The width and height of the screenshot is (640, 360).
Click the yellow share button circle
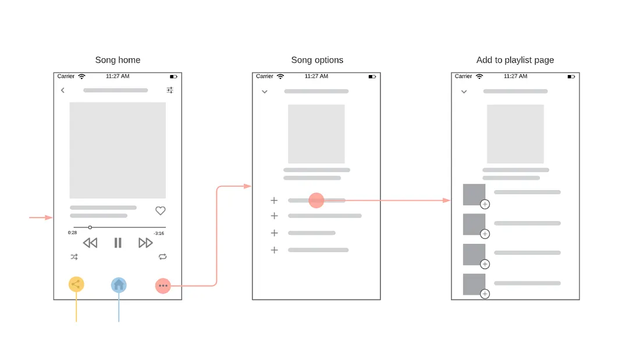pyautogui.click(x=76, y=284)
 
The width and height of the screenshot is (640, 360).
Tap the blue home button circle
pyautogui.click(x=119, y=285)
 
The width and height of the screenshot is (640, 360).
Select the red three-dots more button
pyautogui.click(x=163, y=286)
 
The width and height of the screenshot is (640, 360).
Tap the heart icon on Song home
pyautogui.click(x=161, y=211)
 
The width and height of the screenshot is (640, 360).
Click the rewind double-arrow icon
pyautogui.click(x=90, y=243)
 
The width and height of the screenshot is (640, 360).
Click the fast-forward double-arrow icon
pyautogui.click(x=145, y=243)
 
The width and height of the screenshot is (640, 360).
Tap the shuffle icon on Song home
pyautogui.click(x=74, y=256)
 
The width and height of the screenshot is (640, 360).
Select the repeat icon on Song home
pyautogui.click(x=162, y=256)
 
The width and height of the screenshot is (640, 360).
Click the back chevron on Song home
pyautogui.click(x=63, y=90)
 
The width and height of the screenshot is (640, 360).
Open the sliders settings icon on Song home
pyautogui.click(x=170, y=90)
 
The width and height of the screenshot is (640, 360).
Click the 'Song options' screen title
pyautogui.click(x=317, y=60)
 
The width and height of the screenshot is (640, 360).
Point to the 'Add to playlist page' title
pyautogui.click(x=515, y=60)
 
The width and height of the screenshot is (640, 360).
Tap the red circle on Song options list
pyautogui.click(x=316, y=200)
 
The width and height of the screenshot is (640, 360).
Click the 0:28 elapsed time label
pyautogui.click(x=72, y=233)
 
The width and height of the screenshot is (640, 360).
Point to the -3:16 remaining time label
pyautogui.click(x=159, y=233)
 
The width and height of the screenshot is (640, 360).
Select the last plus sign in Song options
pyautogui.click(x=274, y=250)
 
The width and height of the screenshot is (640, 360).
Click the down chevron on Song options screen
pyautogui.click(x=265, y=92)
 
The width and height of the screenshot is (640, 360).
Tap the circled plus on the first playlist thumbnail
pyautogui.click(x=485, y=204)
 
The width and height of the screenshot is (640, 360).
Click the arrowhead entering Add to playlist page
pyautogui.click(x=447, y=200)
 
